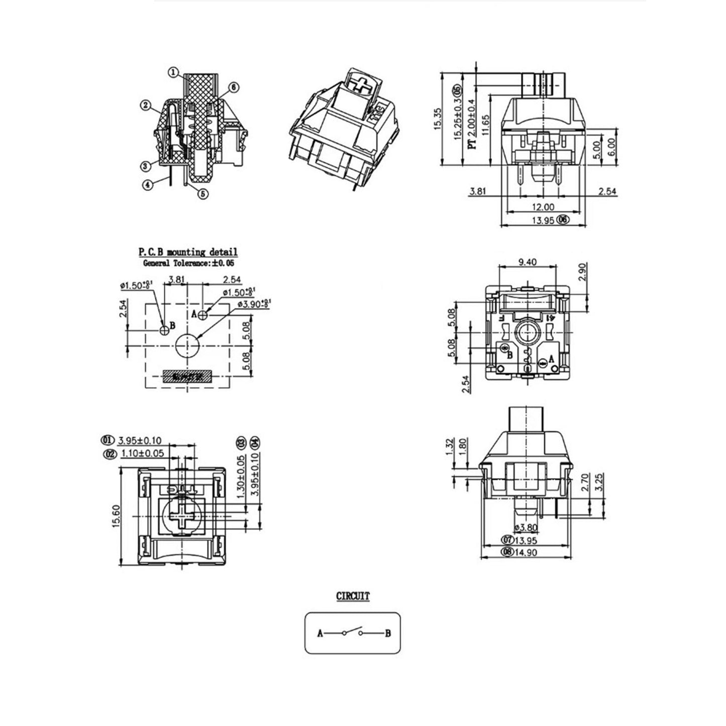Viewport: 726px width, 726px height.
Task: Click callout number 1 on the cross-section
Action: point(172,73)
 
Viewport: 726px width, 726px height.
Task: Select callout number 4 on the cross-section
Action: point(148,184)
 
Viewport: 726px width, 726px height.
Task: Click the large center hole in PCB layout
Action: point(187,345)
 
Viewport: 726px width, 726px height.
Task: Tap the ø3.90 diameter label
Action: point(254,302)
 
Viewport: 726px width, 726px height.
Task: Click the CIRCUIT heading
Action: point(353,596)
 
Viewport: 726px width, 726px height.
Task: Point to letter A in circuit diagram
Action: point(320,634)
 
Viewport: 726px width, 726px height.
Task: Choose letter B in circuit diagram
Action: point(388,634)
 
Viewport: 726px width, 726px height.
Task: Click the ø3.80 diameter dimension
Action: point(526,528)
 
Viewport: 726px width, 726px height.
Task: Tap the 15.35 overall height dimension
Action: point(437,119)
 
